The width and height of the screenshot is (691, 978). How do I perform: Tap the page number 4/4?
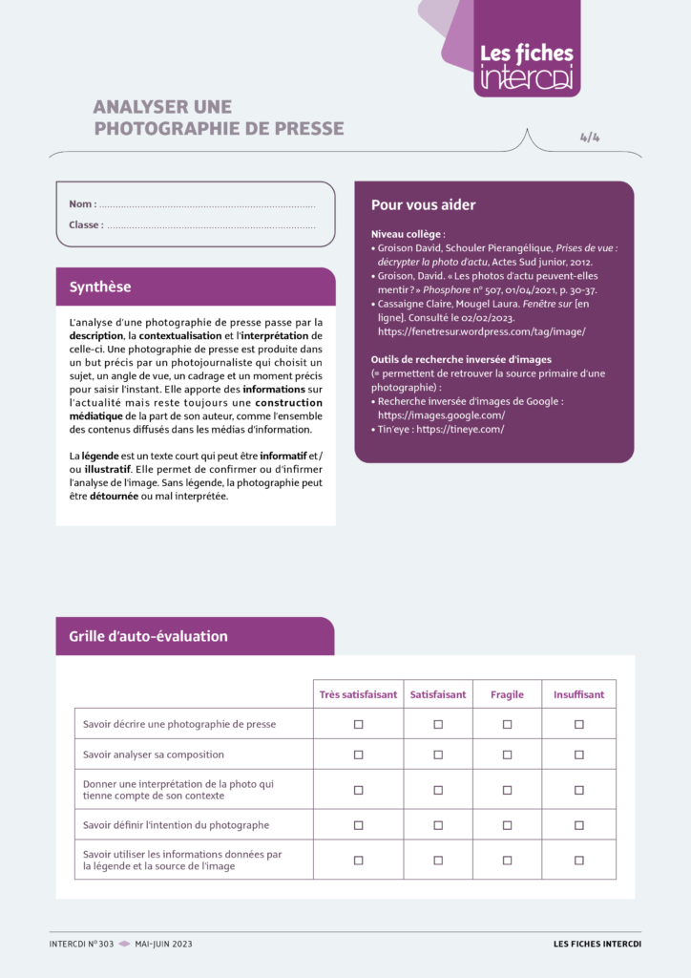click(590, 137)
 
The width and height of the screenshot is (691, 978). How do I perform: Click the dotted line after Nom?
click(207, 204)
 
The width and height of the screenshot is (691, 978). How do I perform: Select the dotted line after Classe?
click(211, 225)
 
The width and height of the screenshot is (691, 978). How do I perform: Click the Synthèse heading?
click(100, 287)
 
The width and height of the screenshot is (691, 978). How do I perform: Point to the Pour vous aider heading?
click(423, 204)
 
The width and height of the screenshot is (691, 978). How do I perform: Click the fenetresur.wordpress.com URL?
click(481, 331)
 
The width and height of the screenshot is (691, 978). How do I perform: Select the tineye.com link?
click(460, 429)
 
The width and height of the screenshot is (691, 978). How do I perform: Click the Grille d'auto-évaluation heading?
click(148, 636)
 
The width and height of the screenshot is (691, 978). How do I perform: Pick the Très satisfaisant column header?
click(358, 694)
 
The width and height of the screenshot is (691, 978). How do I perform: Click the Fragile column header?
click(507, 694)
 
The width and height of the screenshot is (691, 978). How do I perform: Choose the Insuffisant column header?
click(578, 694)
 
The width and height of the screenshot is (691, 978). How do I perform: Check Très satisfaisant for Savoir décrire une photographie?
click(359, 724)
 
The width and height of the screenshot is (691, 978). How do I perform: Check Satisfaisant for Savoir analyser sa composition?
click(438, 755)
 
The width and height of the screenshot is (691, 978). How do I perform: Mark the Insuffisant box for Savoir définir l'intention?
click(579, 824)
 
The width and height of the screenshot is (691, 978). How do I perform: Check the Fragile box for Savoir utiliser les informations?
click(508, 860)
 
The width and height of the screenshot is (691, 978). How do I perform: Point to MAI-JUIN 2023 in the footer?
click(163, 944)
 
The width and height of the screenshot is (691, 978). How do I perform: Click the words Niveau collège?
click(407, 234)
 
